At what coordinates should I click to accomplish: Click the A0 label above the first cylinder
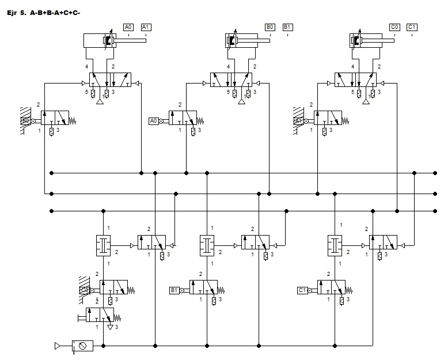click(x=128, y=26)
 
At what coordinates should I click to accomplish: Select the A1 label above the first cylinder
click(x=146, y=26)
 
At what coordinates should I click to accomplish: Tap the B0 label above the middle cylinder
click(x=270, y=26)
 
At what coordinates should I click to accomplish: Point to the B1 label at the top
click(x=288, y=26)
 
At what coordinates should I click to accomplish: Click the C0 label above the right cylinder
click(x=395, y=26)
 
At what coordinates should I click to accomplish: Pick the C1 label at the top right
click(x=412, y=26)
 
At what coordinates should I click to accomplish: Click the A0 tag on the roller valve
click(x=153, y=121)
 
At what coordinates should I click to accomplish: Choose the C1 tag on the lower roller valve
click(x=302, y=290)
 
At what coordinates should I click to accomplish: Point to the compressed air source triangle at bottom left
click(x=58, y=346)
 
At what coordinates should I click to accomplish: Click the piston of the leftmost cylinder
click(x=107, y=41)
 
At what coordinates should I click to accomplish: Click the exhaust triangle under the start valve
click(x=110, y=325)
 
